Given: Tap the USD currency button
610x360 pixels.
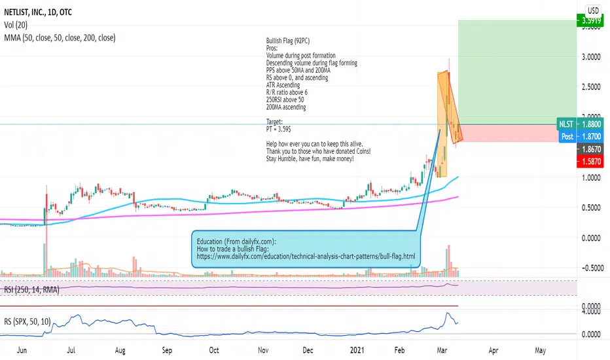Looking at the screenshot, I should pyautogui.click(x=592, y=10).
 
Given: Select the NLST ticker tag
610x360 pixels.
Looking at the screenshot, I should pyautogui.click(x=565, y=123).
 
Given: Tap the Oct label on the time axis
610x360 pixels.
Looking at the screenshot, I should pyautogui.click(x=213, y=350).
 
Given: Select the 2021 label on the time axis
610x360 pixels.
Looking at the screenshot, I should pyautogui.click(x=357, y=350).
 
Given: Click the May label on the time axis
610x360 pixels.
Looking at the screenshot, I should pyautogui.click(x=540, y=350).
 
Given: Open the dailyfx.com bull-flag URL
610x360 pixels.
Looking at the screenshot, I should pyautogui.click(x=306, y=256).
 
